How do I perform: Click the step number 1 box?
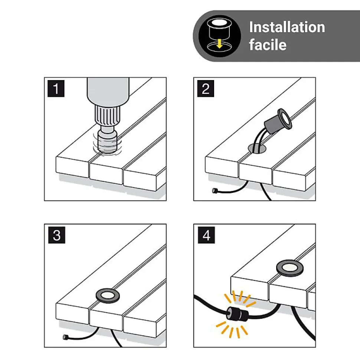(x=56, y=88)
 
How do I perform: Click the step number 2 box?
(x=206, y=88)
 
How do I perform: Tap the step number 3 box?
(x=56, y=235)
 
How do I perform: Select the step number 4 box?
(x=206, y=235)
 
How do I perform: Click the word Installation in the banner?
(x=287, y=27)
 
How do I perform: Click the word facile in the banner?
(x=268, y=44)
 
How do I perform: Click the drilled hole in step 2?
(x=257, y=148)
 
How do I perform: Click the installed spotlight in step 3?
(x=108, y=295)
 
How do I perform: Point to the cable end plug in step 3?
(x=65, y=337)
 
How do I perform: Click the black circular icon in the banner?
(x=220, y=36)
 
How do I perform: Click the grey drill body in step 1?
(x=108, y=91)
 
